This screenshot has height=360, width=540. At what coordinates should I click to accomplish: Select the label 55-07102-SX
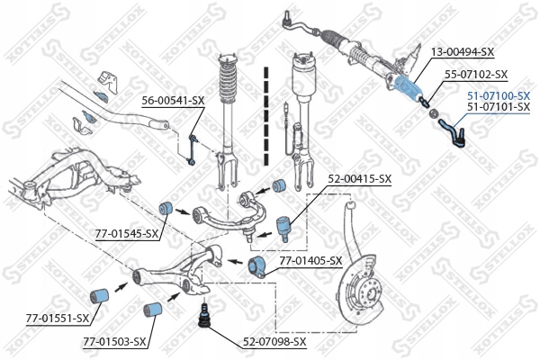[478, 75]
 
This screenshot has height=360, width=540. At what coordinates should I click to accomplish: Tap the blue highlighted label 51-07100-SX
[498, 94]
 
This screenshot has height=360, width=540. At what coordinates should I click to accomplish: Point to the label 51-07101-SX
[498, 106]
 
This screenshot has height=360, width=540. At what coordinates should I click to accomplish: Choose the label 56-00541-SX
[172, 100]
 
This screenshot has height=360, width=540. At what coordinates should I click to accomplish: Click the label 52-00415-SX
[360, 179]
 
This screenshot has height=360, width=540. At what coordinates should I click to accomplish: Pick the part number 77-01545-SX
[126, 234]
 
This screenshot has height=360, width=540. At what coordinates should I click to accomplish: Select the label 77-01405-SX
[310, 260]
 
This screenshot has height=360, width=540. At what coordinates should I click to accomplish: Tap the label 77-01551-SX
[57, 318]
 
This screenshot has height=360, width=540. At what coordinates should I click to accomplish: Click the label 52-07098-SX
[274, 341]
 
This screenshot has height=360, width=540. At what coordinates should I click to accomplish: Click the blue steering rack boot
[406, 89]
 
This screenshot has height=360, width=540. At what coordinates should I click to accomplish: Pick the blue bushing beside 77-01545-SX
[166, 208]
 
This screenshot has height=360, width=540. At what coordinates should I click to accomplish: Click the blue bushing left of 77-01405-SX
[254, 265]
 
